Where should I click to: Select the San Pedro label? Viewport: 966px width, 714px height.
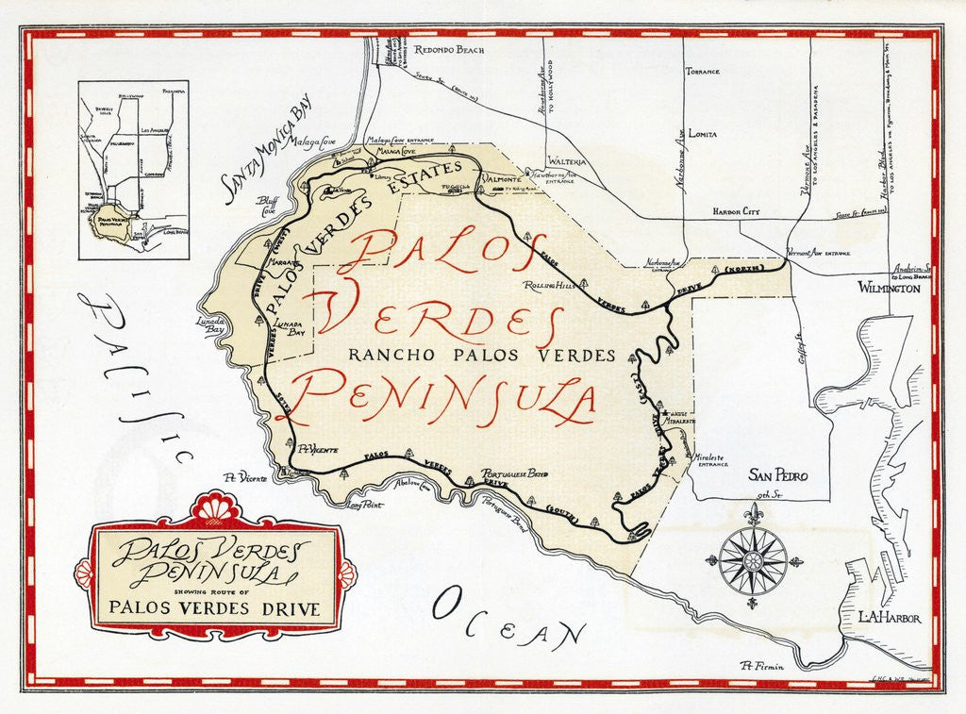click(777, 476)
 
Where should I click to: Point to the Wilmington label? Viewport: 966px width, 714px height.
click(888, 289)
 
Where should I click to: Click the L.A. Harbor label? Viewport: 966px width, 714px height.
click(889, 618)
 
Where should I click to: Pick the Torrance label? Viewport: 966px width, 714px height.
click(702, 72)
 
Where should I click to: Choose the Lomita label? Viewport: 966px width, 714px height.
click(701, 135)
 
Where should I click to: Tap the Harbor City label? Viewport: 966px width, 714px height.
click(736, 212)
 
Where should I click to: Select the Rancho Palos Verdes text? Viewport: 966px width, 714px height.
click(481, 356)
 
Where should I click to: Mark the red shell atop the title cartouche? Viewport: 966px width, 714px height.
click(215, 508)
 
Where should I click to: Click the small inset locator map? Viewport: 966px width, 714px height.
click(133, 170)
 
